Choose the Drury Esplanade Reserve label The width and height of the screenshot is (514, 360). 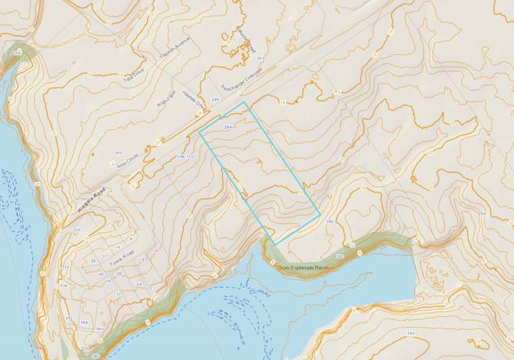[306, 267]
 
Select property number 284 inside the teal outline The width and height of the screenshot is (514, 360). [228, 128]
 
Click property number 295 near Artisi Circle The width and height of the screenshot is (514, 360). [119, 152]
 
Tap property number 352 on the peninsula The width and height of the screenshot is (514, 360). [69, 318]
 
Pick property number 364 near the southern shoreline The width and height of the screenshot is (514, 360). [99, 330]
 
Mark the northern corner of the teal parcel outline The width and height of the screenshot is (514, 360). [245, 102]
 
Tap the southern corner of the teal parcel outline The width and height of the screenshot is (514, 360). [276, 245]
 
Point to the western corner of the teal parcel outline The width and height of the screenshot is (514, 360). [200, 134]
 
